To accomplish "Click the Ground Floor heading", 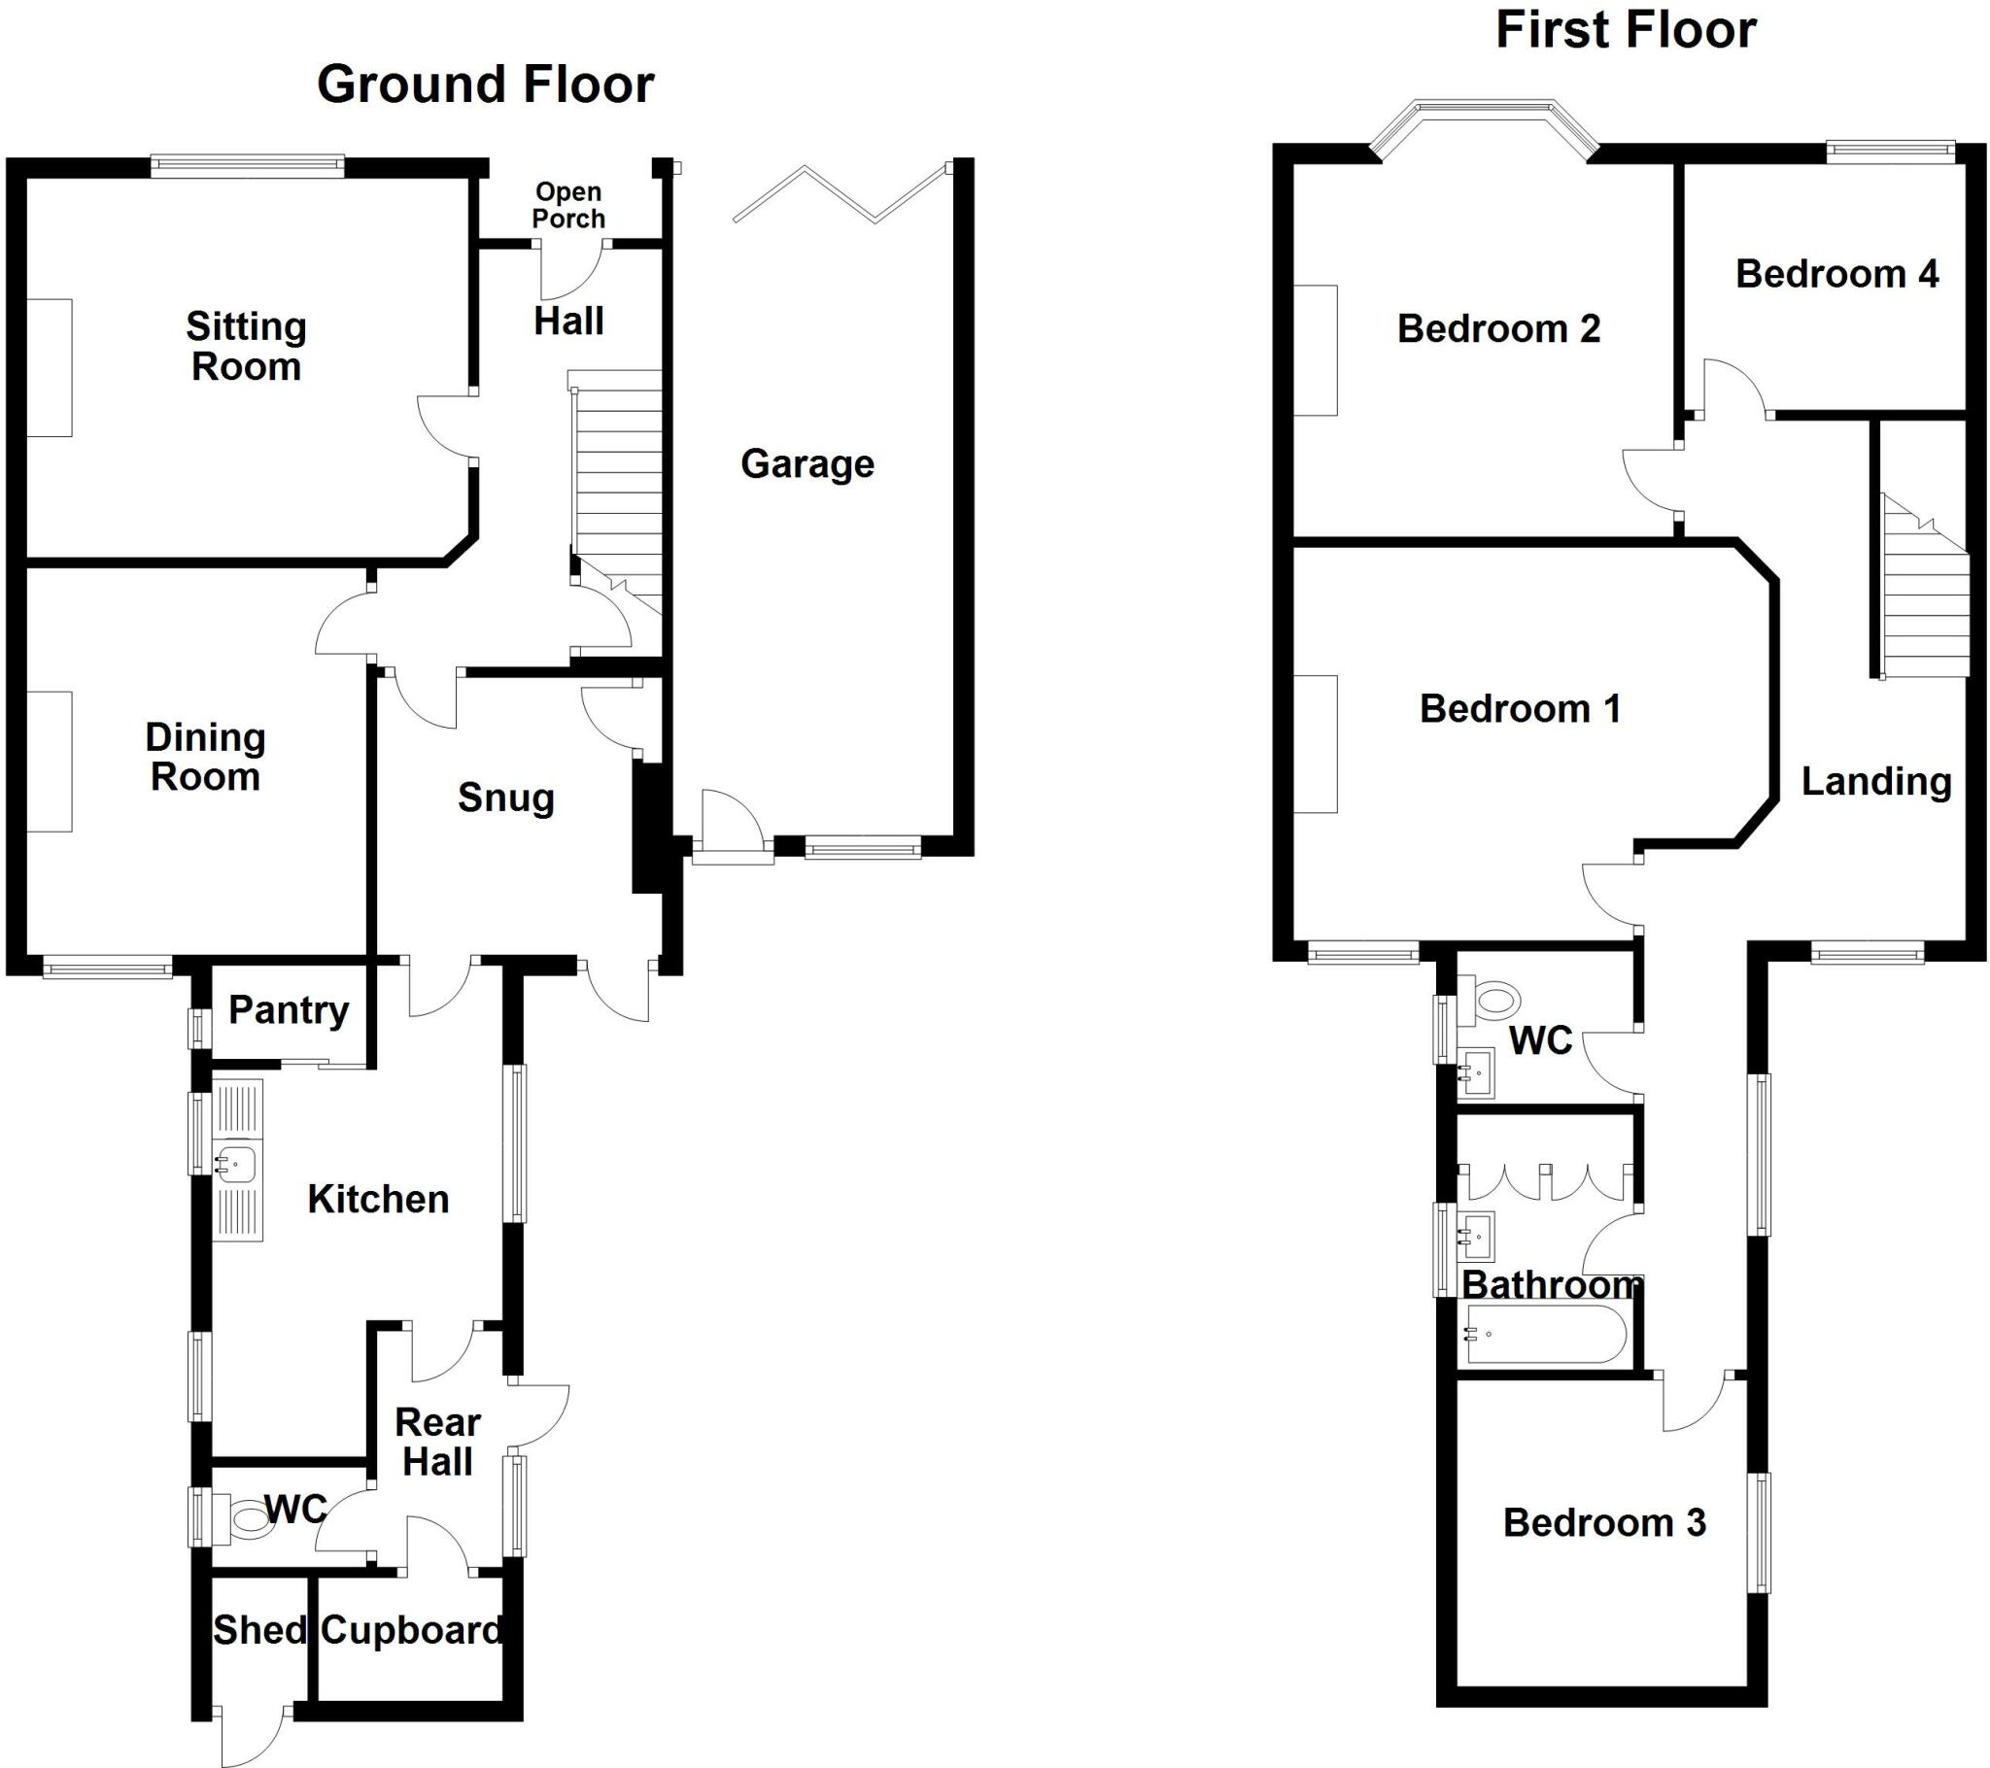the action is point(485,85).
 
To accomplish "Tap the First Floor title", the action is point(1625,30).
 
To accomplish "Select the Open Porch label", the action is point(568,205).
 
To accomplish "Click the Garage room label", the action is point(807,464).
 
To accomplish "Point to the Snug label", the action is point(505,799).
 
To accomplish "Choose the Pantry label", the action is point(289,1010).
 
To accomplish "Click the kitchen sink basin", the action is point(236,1163).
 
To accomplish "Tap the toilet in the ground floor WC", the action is point(247,1518).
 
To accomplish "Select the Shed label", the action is point(259,1630).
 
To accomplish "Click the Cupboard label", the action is point(411,1630).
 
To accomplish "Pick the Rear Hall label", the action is point(437,1442).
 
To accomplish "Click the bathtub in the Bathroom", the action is point(1545,1333).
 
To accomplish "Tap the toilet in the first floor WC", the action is point(1495,999).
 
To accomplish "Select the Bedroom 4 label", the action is point(1836,275).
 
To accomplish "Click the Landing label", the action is point(1876,782).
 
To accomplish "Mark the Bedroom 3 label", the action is point(1603,1522).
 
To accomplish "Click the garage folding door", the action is point(841,192).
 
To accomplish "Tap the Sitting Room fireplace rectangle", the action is point(49,368).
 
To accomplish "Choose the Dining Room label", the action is point(205,758).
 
